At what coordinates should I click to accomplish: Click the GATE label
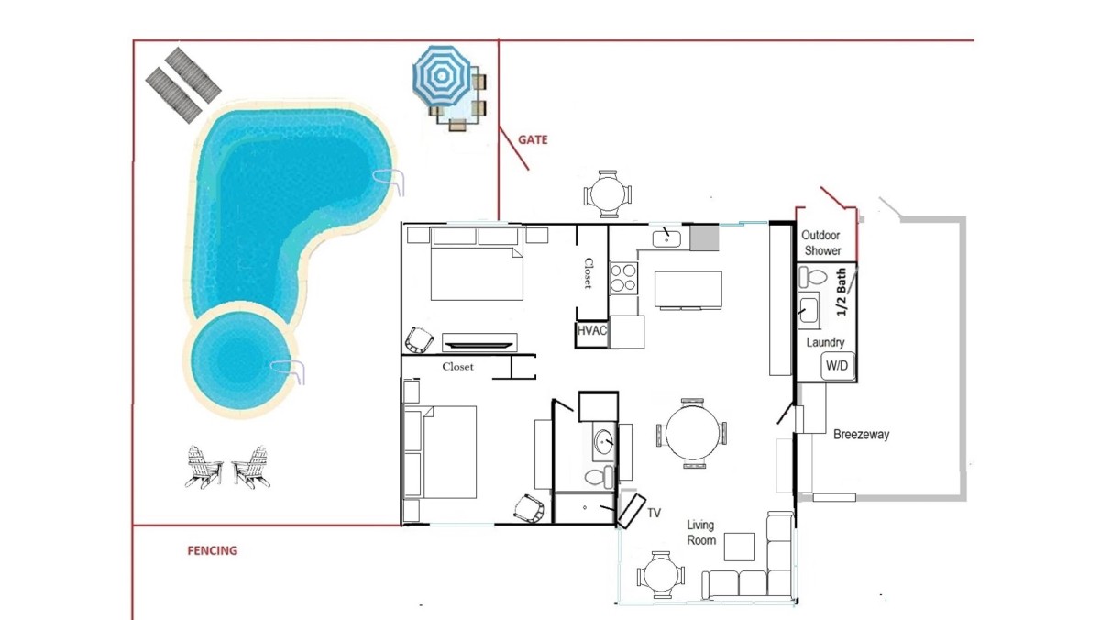[x=533, y=140]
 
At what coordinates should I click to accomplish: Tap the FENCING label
[x=212, y=550]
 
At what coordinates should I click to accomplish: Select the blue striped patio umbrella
[x=442, y=76]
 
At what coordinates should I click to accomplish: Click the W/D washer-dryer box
[x=837, y=366]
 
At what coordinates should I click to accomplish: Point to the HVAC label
[x=592, y=330]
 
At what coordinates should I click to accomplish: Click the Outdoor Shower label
[x=821, y=243]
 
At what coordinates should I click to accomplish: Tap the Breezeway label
[x=862, y=435]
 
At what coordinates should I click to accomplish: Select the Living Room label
[x=700, y=533]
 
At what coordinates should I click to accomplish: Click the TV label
[x=654, y=513]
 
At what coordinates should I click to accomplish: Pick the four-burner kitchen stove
[x=623, y=278]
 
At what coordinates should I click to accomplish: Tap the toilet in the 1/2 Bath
[x=813, y=277]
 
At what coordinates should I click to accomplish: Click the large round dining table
[x=692, y=433]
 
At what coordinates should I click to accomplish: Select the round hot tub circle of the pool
[x=240, y=360]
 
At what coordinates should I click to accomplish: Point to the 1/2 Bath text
[x=841, y=292]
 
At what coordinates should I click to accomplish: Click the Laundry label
[x=825, y=342]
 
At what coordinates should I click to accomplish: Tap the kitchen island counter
[x=688, y=290]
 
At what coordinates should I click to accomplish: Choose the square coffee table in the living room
[x=740, y=547]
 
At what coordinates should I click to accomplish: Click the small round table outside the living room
[x=661, y=575]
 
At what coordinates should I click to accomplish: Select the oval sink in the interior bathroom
[x=603, y=442]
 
